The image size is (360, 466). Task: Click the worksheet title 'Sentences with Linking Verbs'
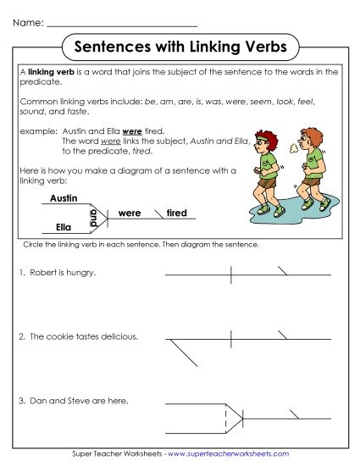pyautogui.click(x=180, y=45)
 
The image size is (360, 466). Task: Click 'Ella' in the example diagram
pyautogui.click(x=63, y=226)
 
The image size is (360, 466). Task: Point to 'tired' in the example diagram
pyautogui.click(x=176, y=213)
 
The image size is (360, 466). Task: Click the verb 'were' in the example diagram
pyautogui.click(x=130, y=213)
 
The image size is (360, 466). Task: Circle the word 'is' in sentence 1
pyautogui.click(x=61, y=273)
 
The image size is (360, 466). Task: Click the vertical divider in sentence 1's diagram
pyautogui.click(x=231, y=275)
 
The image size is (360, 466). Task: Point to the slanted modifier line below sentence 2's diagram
pyautogui.click(x=182, y=352)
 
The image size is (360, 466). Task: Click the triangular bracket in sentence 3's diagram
pyautogui.click(x=235, y=414)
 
